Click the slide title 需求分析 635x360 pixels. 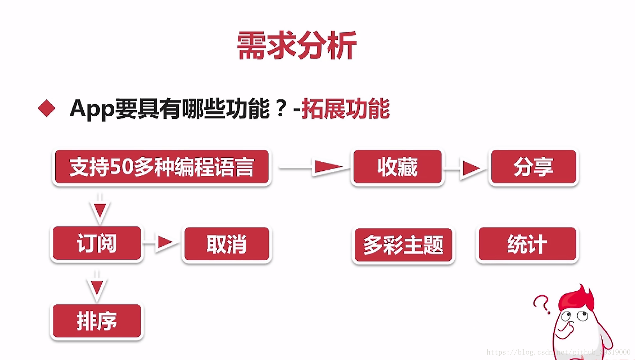(297, 46)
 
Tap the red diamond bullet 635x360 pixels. (47, 108)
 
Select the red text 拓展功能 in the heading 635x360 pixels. (346, 109)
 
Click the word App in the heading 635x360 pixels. (91, 109)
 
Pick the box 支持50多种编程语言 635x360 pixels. (162, 167)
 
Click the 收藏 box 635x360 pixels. (398, 167)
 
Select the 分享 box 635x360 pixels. (533, 167)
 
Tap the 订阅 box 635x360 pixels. (97, 244)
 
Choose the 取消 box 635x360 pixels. (227, 244)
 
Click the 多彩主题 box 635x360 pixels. (403, 245)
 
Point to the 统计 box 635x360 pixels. (527, 244)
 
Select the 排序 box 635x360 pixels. (97, 321)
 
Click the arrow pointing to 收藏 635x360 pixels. (327, 167)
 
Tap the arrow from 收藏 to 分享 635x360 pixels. (470, 168)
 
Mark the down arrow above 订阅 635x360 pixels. (100, 211)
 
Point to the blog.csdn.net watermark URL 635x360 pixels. (558, 352)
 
